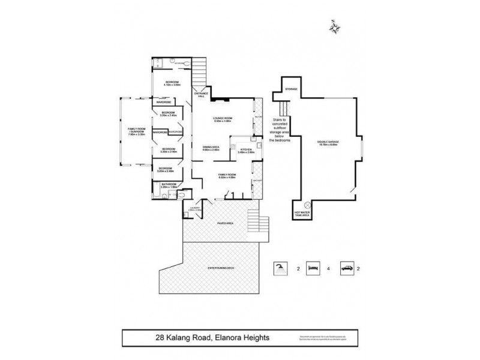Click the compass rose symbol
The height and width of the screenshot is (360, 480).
[x=334, y=26]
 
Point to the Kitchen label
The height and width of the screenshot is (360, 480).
[x=246, y=150]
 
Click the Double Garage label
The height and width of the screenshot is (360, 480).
[x=328, y=142]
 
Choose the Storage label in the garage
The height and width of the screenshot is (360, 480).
[x=292, y=89]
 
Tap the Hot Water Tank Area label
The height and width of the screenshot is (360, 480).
[x=301, y=215]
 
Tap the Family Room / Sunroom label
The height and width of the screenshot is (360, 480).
[x=133, y=133]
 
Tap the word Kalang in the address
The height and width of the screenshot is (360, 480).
[x=182, y=338]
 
